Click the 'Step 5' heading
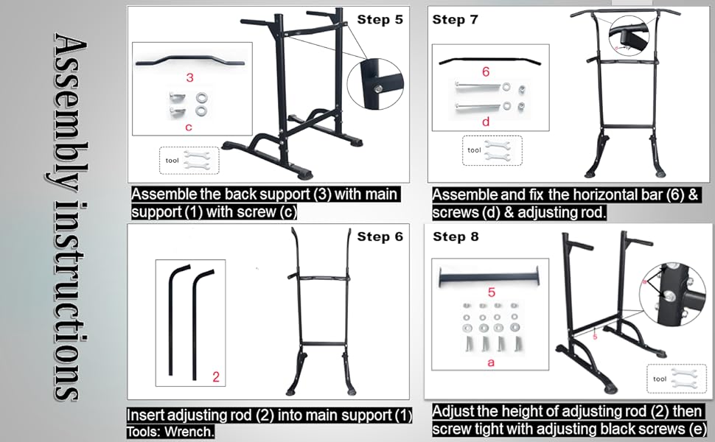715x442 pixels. pyautogui.click(x=380, y=20)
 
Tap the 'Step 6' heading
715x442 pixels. pyautogui.click(x=380, y=236)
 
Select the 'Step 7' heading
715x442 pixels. pyautogui.click(x=455, y=19)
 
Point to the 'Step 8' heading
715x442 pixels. pyautogui.click(x=456, y=236)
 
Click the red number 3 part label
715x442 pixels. pyautogui.click(x=189, y=77)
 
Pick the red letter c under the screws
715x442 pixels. pyautogui.click(x=189, y=127)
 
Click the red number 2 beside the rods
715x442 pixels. pyautogui.click(x=215, y=377)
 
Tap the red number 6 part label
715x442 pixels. pyautogui.click(x=485, y=72)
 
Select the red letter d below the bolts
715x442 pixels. pyautogui.click(x=485, y=122)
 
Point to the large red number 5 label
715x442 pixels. pyautogui.click(x=492, y=292)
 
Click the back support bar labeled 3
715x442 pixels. pyautogui.click(x=190, y=61)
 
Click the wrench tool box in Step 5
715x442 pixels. pyautogui.click(x=189, y=158)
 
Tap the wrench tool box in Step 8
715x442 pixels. pyautogui.click(x=675, y=379)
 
